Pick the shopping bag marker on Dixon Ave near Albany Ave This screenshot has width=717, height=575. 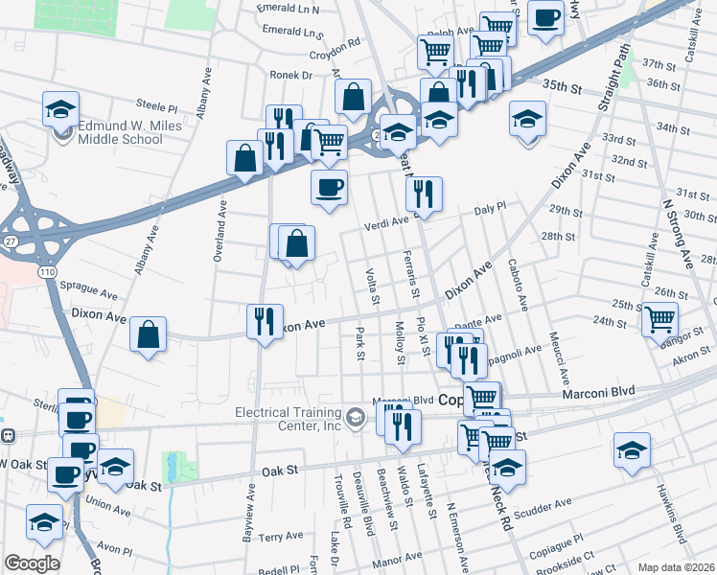149,335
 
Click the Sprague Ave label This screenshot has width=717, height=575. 88,285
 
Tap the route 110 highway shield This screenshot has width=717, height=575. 46,273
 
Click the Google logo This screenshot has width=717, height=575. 32,563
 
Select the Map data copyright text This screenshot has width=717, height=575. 674,567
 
